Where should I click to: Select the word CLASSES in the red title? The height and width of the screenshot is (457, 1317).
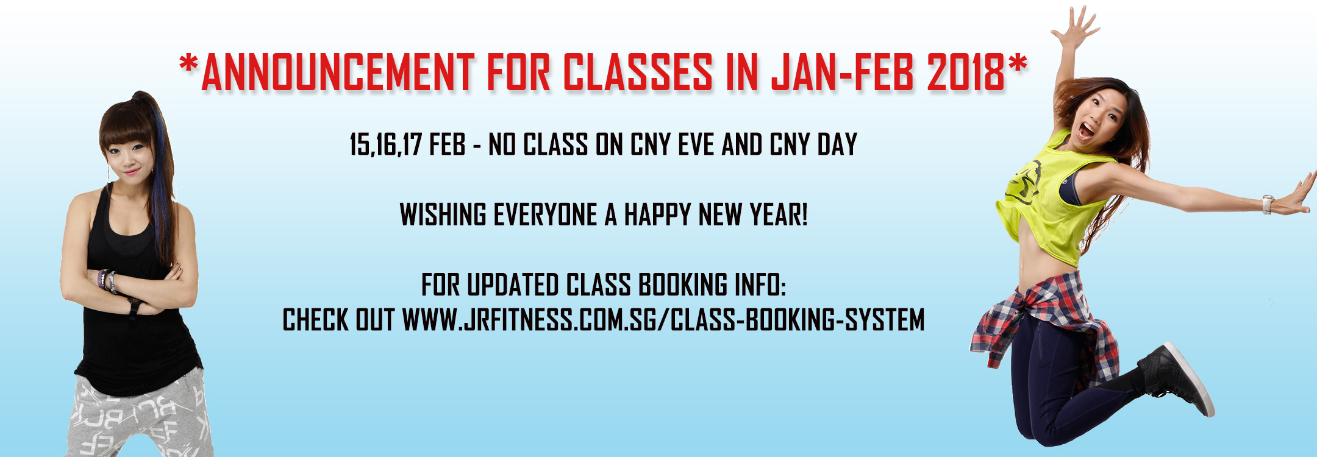click(x=637, y=72)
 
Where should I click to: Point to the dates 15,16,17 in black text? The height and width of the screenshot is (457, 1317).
click(x=385, y=145)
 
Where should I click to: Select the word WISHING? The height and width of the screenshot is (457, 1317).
click(x=443, y=214)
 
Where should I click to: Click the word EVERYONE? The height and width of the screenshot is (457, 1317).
click(x=545, y=214)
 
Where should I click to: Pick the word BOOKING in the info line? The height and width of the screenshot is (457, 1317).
click(x=683, y=285)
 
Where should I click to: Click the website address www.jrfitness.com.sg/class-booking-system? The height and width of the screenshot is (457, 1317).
click(x=663, y=320)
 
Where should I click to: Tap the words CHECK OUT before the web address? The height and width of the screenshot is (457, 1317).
click(x=338, y=320)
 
